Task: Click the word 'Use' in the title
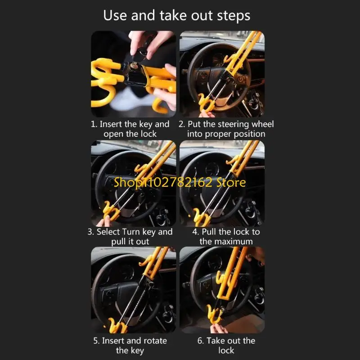(x=115, y=16)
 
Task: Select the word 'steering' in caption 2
(x=233, y=124)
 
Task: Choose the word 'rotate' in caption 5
(x=151, y=341)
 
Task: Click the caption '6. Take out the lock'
(x=226, y=345)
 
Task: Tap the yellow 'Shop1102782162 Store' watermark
(x=180, y=182)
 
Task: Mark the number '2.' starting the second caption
(x=182, y=124)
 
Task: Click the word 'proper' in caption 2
(x=215, y=134)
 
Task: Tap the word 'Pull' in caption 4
(x=214, y=232)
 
